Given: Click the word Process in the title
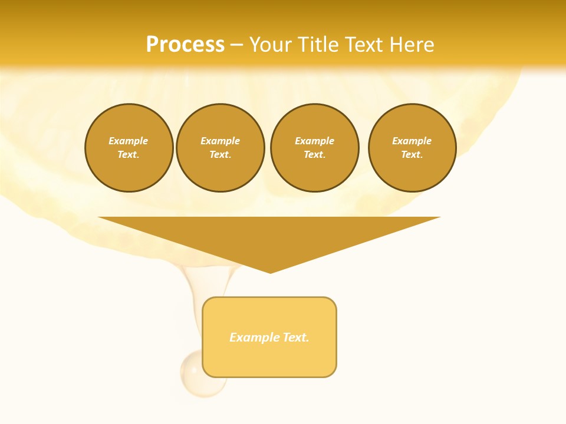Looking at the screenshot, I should coord(185,45).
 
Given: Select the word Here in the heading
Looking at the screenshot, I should coord(413,45).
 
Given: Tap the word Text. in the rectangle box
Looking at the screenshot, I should coord(296,337).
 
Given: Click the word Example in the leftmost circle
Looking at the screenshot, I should coord(129,141).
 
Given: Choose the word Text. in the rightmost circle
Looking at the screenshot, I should coord(412,155).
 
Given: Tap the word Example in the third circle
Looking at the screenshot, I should coord(314,141).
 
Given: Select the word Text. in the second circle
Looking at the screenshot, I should coord(220,155).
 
